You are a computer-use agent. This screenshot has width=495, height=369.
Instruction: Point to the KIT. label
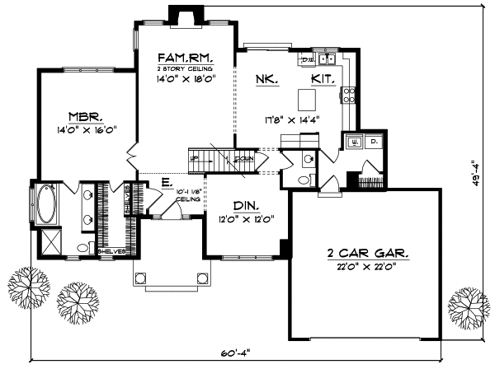pos(323,79)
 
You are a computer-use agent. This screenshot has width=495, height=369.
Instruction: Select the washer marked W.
pos(355,142)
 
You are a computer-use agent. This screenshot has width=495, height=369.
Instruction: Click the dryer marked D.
pos(374,142)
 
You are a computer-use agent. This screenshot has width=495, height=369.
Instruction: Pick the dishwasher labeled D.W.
pos(307,59)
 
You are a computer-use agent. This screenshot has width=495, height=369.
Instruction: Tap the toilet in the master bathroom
pos(82,247)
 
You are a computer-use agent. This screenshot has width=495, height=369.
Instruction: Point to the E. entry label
pos(166,182)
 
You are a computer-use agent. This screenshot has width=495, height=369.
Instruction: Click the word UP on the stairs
pos(195,157)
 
